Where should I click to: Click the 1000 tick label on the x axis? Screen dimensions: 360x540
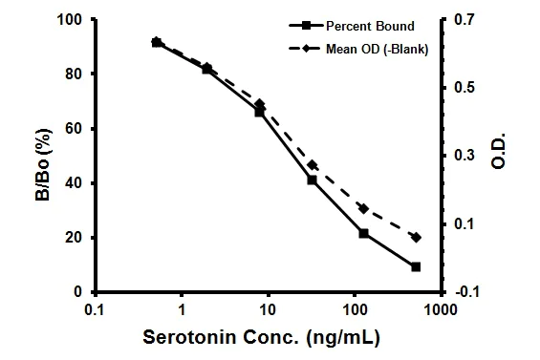pyautogui.click(x=441, y=310)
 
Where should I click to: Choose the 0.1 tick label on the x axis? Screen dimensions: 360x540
pyautogui.click(x=94, y=310)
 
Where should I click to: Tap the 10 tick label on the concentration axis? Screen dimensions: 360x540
pyautogui.click(x=267, y=310)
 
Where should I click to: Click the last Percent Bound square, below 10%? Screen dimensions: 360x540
pyautogui.click(x=416, y=266)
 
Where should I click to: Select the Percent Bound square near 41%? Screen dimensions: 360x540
pyautogui.click(x=312, y=180)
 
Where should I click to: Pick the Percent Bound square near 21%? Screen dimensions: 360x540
pyautogui.click(x=363, y=233)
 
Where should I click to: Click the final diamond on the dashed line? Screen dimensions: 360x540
pyautogui.click(x=416, y=237)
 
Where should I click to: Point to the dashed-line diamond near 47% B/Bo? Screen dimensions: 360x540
pyautogui.click(x=312, y=165)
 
